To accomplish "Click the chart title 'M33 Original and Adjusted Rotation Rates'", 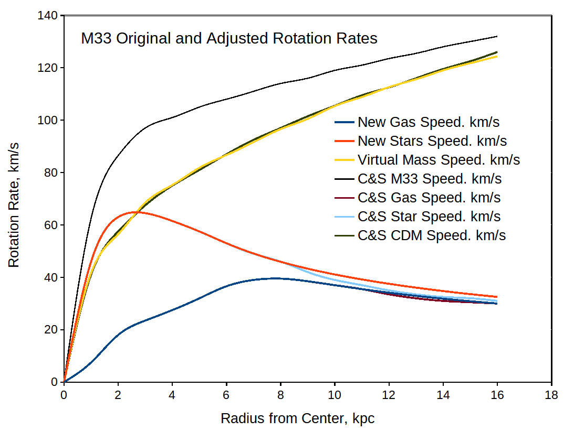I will click(229, 39).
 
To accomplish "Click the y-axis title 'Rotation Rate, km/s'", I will click(14, 199).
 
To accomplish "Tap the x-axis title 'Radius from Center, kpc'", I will click(297, 418).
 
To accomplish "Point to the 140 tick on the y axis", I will click(48, 16).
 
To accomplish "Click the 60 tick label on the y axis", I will click(51, 225).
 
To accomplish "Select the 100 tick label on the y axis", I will click(48, 120).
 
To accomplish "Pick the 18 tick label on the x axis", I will click(551, 394).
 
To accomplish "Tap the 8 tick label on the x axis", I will click(280, 394).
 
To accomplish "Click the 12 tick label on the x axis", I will click(389, 394).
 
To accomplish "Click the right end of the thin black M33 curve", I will click(497, 36).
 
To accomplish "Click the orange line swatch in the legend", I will click(344, 141).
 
